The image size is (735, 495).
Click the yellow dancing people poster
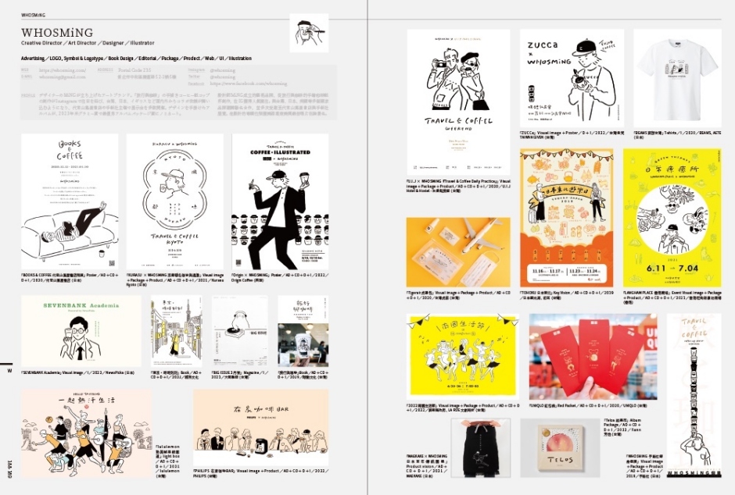(x=462, y=356)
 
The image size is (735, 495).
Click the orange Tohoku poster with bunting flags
(x=565, y=203)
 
